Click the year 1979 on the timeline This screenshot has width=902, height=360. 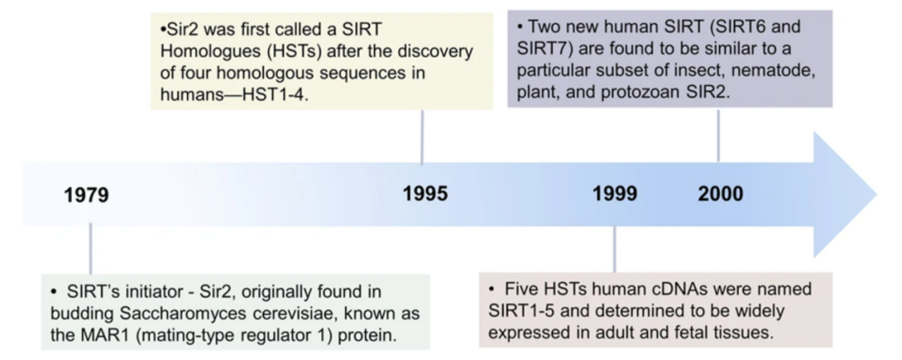click(x=86, y=195)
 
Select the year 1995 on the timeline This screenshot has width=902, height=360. click(x=425, y=194)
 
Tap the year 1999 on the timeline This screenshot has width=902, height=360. click(x=615, y=194)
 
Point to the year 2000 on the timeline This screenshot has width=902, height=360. click(x=721, y=194)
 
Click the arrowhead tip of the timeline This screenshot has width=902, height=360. click(x=877, y=195)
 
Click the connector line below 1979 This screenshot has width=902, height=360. click(x=90, y=248)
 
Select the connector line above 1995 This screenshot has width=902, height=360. click(x=423, y=138)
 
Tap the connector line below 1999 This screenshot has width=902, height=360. click(x=615, y=248)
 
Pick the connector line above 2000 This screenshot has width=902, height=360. click(x=718, y=135)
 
